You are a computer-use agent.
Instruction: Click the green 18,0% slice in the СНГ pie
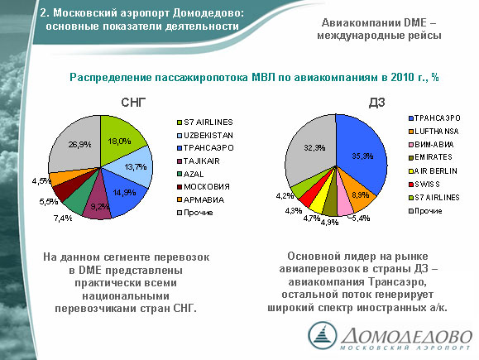tap(121, 137)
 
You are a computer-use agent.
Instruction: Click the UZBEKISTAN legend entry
tap(205, 135)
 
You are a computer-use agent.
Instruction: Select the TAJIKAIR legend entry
tap(199, 161)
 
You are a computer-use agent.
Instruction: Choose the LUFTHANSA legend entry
tap(433, 132)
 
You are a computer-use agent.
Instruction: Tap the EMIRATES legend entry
tap(430, 157)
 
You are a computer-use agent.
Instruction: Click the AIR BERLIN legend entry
tap(433, 170)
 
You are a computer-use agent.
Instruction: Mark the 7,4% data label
tap(63, 218)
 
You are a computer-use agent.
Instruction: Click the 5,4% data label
tap(361, 218)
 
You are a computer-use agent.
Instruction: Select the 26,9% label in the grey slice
tap(79, 144)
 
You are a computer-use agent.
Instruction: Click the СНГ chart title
tap(133, 103)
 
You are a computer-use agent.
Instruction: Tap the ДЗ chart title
tap(376, 103)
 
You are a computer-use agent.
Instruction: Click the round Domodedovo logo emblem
tap(323, 335)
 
